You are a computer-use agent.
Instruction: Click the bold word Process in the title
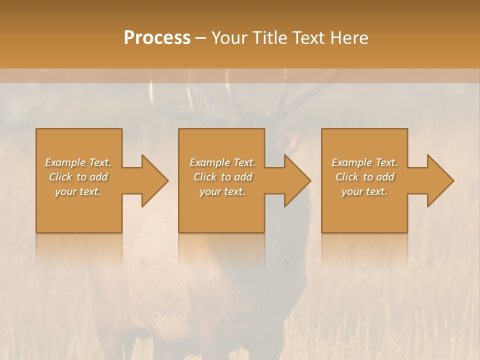pos(157,38)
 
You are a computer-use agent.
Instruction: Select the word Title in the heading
pos(270,38)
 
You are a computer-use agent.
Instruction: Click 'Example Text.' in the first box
pos(78,162)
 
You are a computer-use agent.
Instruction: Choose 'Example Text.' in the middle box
pos(222,162)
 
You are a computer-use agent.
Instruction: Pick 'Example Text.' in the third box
pos(364,162)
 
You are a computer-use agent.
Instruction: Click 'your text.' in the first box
pos(78,191)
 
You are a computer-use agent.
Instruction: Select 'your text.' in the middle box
pos(222,191)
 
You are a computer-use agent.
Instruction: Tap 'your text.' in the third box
pos(364,191)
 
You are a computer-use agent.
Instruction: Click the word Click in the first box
pos(60,177)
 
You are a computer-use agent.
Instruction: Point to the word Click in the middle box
pos(205,177)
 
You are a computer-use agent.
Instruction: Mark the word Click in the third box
pos(347,177)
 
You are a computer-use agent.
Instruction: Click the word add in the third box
pos(384,177)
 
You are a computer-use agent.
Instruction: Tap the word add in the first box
pos(98,177)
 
